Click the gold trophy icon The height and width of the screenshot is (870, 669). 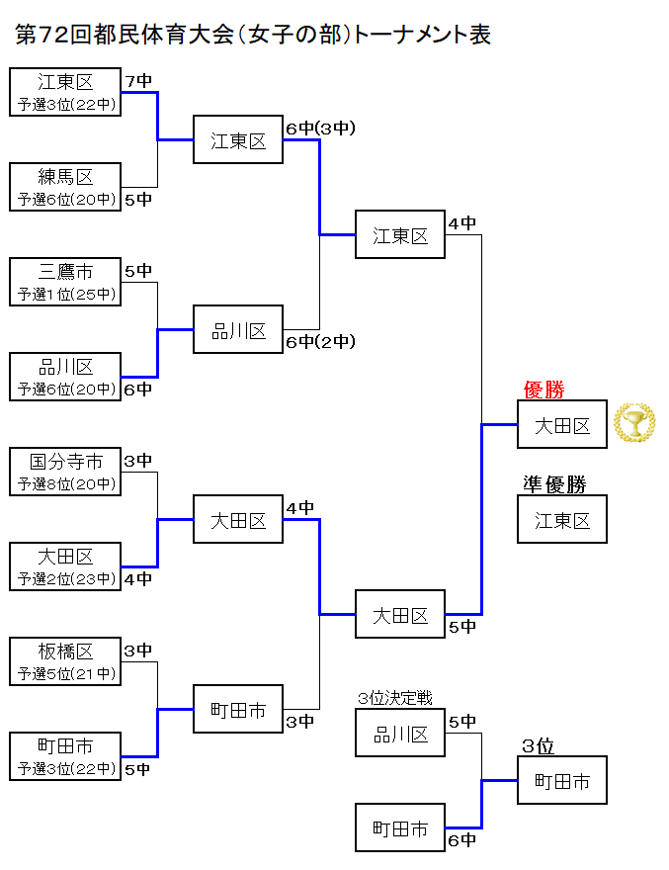click(x=634, y=423)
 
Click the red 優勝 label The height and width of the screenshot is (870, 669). click(x=544, y=390)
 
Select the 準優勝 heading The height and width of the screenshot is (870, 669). click(x=554, y=484)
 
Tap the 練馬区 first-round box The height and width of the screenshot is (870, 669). click(x=65, y=187)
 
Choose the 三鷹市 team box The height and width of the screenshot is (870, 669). click(x=65, y=282)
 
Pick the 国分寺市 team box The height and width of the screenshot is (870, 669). click(x=65, y=472)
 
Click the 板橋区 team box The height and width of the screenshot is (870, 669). click(x=65, y=661)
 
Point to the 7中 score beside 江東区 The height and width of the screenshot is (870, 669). click(x=138, y=81)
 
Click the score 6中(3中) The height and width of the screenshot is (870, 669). click(x=320, y=129)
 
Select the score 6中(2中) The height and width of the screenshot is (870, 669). click(x=320, y=342)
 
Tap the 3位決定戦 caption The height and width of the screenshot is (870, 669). click(x=395, y=698)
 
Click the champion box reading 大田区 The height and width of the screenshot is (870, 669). click(x=562, y=424)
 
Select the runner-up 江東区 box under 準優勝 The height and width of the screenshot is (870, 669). click(x=562, y=519)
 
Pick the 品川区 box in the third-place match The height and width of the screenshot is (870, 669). click(x=400, y=733)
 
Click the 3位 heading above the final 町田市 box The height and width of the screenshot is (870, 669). click(x=539, y=746)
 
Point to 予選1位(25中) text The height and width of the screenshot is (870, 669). click(x=66, y=294)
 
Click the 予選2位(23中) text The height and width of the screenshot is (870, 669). click(x=66, y=579)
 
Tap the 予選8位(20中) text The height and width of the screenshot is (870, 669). click(x=66, y=483)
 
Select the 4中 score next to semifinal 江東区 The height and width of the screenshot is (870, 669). click(x=462, y=223)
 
